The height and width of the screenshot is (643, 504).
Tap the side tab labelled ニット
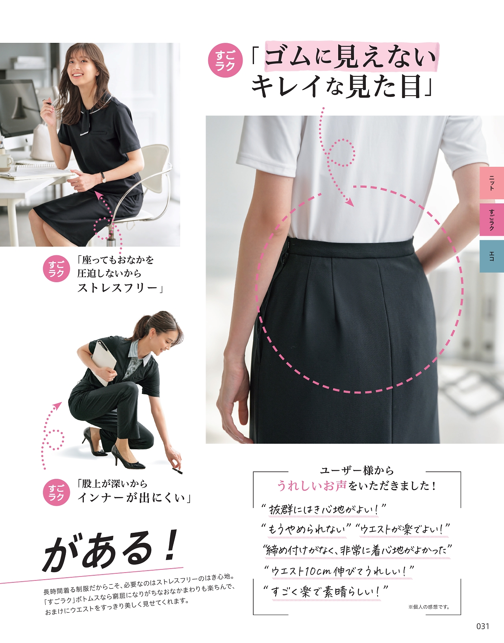pos(491,183)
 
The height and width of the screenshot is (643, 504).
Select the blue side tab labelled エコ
pos(491,256)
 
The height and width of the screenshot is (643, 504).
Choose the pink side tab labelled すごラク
pos(491,220)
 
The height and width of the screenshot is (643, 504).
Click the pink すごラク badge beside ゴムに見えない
pos(226,61)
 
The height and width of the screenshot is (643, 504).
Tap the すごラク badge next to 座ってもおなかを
pos(57,268)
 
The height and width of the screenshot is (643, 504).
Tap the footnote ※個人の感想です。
pos(429,607)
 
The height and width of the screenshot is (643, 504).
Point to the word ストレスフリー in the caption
pos(117,288)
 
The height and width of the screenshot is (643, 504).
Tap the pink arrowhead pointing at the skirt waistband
pos(350,202)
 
